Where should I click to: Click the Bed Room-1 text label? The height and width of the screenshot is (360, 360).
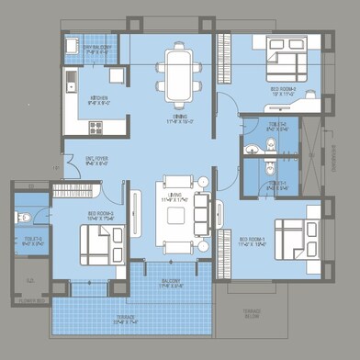click(x=253, y=242)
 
